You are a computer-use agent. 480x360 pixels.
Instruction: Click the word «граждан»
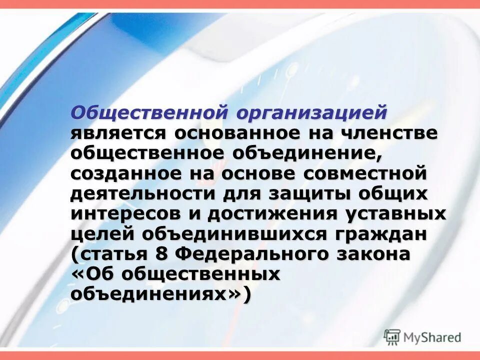pos(384,234)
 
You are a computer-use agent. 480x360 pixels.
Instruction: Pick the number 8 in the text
pos(160,253)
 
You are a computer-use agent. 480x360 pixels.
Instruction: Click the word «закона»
pos(372,253)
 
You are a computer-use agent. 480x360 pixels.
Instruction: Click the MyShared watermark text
pos(433,336)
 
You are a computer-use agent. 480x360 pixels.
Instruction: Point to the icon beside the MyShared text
pos(393,336)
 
